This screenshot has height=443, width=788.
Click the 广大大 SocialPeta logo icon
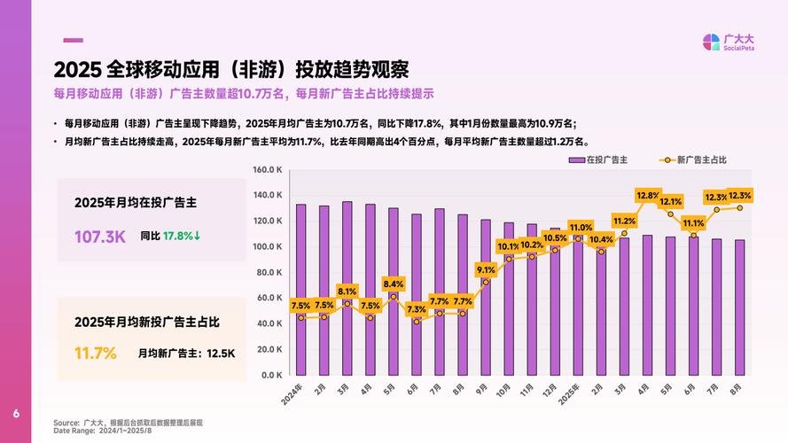pos(711,43)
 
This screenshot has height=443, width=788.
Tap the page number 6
pos(15,415)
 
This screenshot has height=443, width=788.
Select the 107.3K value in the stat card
pos(99,237)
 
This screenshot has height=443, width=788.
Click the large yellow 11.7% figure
pos(96,353)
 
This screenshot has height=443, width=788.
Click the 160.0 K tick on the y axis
pos(268,169)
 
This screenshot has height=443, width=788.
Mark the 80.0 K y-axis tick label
pos(269,272)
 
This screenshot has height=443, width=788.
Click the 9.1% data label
pos(486,269)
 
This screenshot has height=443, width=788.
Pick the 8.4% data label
pos(393,284)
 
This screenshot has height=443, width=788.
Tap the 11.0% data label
pos(580,228)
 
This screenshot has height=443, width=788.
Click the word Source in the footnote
pos(66,423)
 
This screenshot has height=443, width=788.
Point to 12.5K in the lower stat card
pos(221,353)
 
